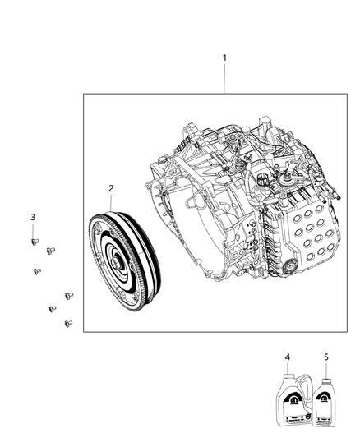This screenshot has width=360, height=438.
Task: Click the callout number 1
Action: click(225, 58)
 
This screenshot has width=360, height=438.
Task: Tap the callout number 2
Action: click(112, 188)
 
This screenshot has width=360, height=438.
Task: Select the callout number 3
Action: click(33, 216)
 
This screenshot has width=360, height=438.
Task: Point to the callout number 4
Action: click(288, 357)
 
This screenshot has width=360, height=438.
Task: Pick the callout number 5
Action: click(326, 357)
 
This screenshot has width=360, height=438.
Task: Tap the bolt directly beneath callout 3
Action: click(34, 242)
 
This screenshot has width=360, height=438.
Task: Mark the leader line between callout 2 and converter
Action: click(112, 203)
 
